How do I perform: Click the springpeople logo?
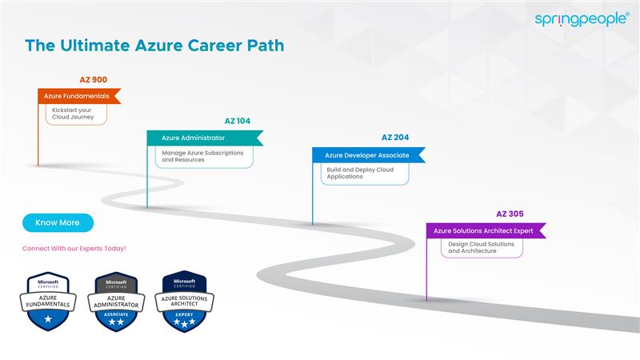coord(582,19)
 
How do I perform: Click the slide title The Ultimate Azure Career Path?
coord(154,46)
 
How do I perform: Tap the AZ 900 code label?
coord(93,80)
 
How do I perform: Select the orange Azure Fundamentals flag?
coord(78,96)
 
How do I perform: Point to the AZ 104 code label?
coord(238,122)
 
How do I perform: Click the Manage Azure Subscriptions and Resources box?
coord(205,156)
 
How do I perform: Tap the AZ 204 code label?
coord(395,138)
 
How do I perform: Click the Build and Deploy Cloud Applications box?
coord(365,173)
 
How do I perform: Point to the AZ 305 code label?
coord(510,214)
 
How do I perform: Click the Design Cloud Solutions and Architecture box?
coord(482,248)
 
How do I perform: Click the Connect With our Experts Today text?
coord(74,248)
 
